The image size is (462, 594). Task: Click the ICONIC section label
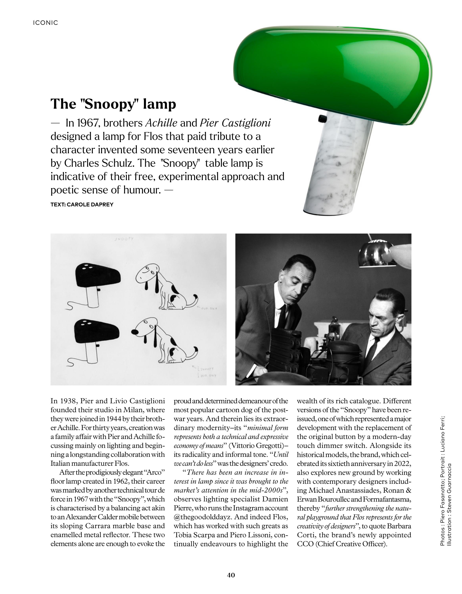pyautogui.click(x=45, y=23)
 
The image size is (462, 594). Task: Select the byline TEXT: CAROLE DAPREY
pyautogui.click(x=82, y=205)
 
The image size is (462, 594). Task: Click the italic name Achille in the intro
pyautogui.click(x=161, y=123)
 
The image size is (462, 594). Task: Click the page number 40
pyautogui.click(x=231, y=575)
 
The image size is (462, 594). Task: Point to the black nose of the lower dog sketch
pyautogui.click(x=135, y=332)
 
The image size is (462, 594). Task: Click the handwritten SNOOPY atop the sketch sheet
pyautogui.click(x=124, y=239)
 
